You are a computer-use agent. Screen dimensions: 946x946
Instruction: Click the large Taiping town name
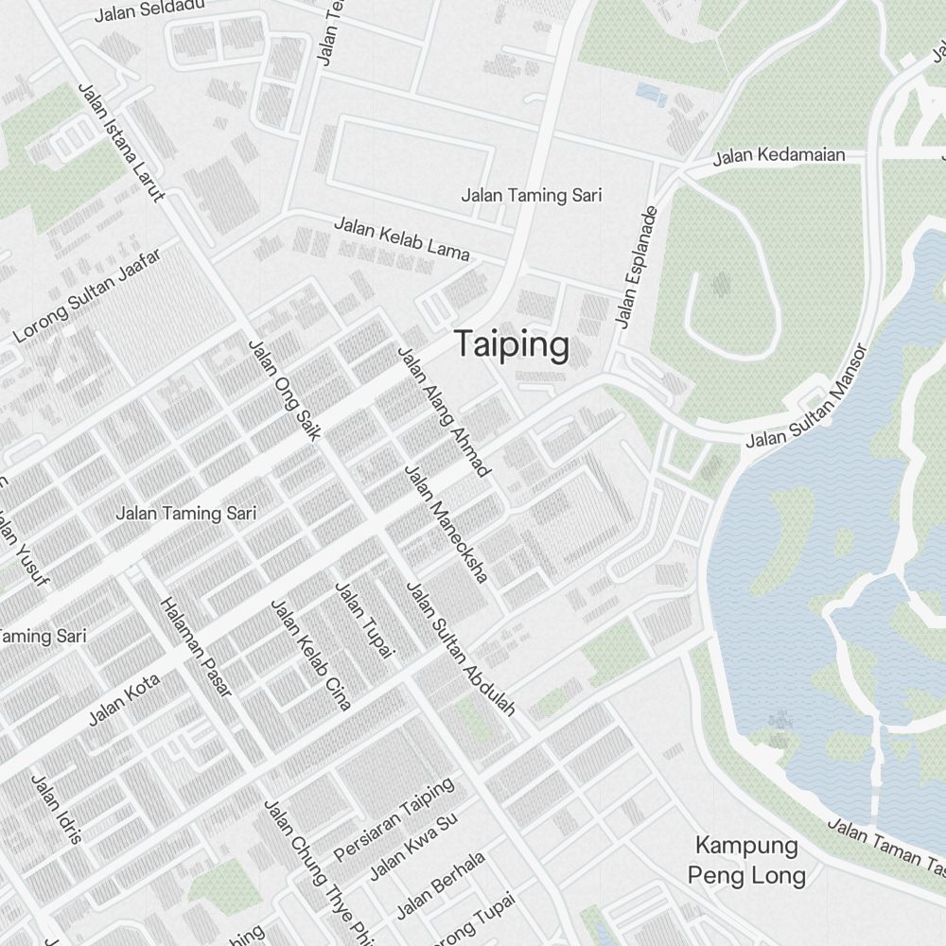click(512, 345)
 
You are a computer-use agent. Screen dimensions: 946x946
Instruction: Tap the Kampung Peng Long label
click(746, 860)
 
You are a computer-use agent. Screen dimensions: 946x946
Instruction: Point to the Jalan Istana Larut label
click(120, 142)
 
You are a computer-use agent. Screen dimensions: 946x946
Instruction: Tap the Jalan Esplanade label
click(637, 267)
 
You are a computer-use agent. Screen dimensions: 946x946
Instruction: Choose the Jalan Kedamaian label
click(779, 155)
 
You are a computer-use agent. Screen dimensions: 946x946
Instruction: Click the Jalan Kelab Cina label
click(311, 654)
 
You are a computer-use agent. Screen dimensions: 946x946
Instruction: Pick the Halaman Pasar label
click(196, 648)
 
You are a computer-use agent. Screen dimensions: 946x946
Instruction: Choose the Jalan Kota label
click(124, 700)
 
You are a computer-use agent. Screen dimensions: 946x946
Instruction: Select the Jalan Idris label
click(57, 809)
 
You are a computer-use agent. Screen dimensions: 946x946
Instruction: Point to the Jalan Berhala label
click(441, 885)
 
